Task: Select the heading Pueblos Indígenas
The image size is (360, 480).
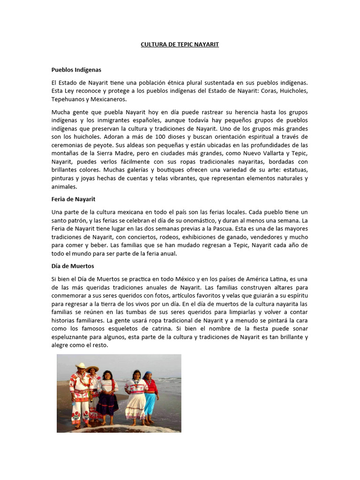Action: (x=76, y=69)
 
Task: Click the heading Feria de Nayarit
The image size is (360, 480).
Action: (x=74, y=199)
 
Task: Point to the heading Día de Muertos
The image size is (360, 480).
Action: (x=73, y=266)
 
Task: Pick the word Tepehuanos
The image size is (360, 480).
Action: (x=68, y=99)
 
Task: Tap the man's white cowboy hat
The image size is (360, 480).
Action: (x=81, y=366)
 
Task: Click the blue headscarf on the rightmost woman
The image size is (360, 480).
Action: (x=148, y=375)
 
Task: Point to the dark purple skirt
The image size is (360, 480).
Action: (x=107, y=403)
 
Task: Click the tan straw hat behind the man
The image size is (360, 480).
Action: (x=93, y=368)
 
